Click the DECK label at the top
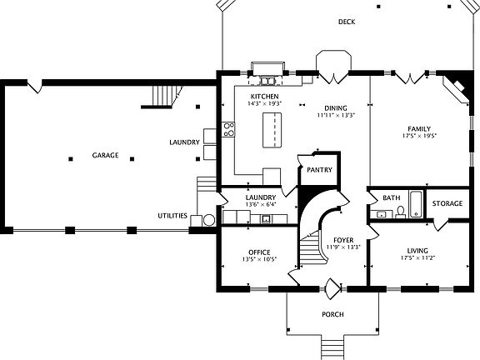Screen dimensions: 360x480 click(347, 22)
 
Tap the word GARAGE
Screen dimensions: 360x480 click(105, 156)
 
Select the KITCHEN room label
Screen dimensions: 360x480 click(265, 97)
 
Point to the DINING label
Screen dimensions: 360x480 click(336, 108)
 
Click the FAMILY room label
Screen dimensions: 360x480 click(420, 127)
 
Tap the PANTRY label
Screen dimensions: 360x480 click(319, 170)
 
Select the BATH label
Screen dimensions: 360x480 click(391, 198)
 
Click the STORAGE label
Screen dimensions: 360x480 click(447, 203)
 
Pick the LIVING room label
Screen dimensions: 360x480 click(419, 251)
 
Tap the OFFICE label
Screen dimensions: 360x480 click(259, 252)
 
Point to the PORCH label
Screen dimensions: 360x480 click(332, 314)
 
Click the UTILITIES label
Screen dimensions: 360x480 click(172, 216)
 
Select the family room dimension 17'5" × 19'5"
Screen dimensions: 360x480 click(420, 134)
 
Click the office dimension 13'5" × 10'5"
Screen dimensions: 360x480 click(259, 259)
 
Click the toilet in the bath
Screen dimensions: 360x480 click(400, 212)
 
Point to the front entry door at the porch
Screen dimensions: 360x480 click(332, 288)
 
